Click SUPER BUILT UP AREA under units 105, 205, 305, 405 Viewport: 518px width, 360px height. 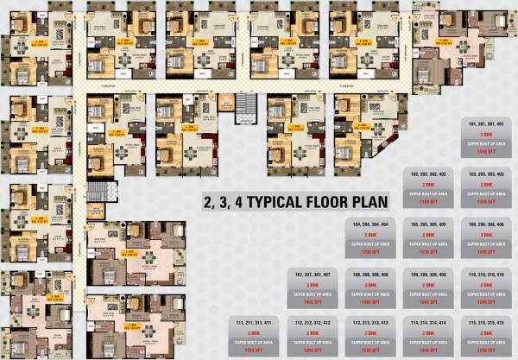(429, 243)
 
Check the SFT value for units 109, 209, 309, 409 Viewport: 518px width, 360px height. (429, 300)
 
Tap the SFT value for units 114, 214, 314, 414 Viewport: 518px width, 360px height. (429, 350)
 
